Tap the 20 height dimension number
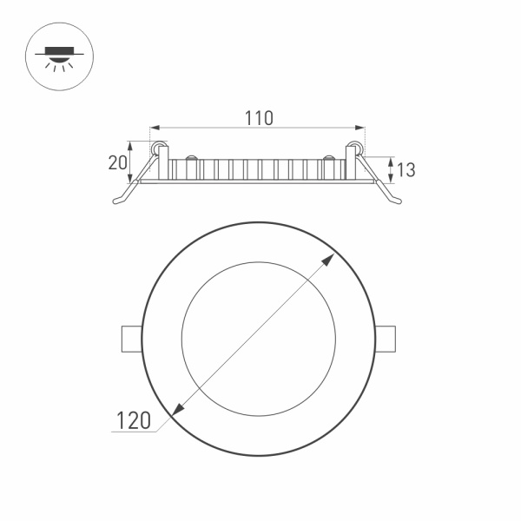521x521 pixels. pos(117,162)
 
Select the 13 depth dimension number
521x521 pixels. pos(405,169)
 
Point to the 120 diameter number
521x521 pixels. pos(135,420)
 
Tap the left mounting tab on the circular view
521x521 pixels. pos(130,339)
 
